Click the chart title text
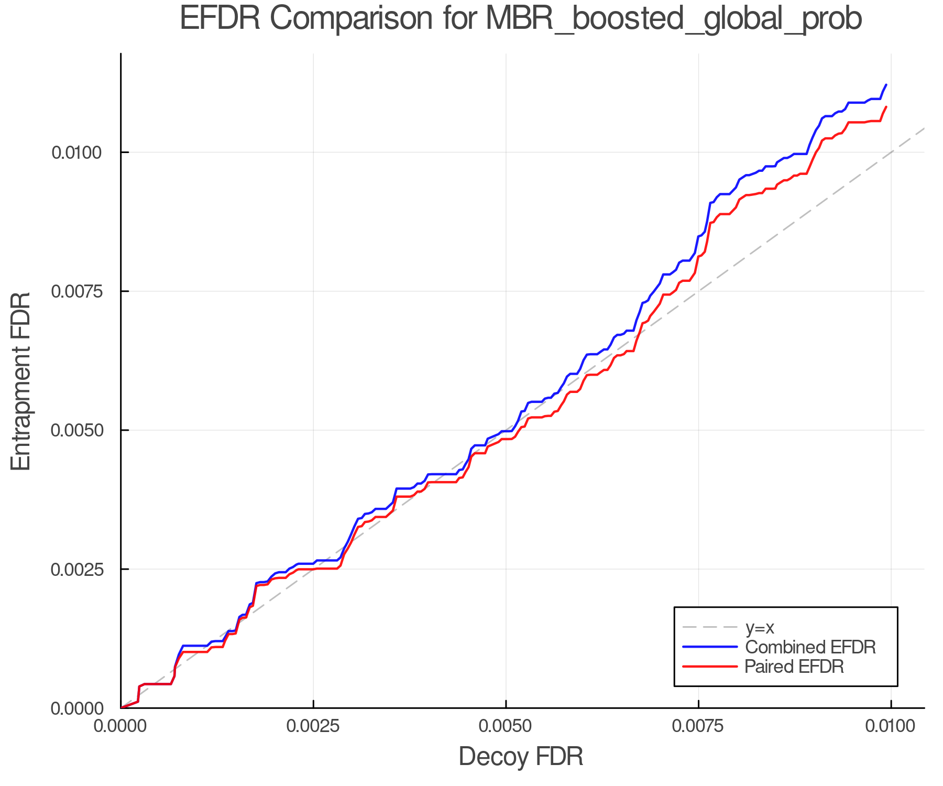(x=521, y=19)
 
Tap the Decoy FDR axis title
(x=521, y=757)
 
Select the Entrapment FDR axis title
(x=21, y=381)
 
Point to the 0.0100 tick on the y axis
(x=76, y=153)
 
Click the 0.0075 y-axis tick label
(x=76, y=292)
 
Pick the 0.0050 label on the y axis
(x=76, y=431)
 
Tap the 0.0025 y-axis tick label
(x=76, y=570)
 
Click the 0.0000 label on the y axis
(x=76, y=708)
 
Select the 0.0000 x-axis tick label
(x=122, y=726)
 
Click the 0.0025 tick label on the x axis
(x=313, y=726)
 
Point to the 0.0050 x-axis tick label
(x=506, y=726)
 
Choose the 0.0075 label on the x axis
(x=698, y=726)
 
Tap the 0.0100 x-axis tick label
(x=891, y=726)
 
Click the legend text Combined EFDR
(x=810, y=647)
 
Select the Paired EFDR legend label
(x=794, y=667)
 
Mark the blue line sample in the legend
(x=710, y=647)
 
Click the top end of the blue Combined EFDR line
(x=886, y=84)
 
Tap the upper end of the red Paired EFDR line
(x=886, y=107)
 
